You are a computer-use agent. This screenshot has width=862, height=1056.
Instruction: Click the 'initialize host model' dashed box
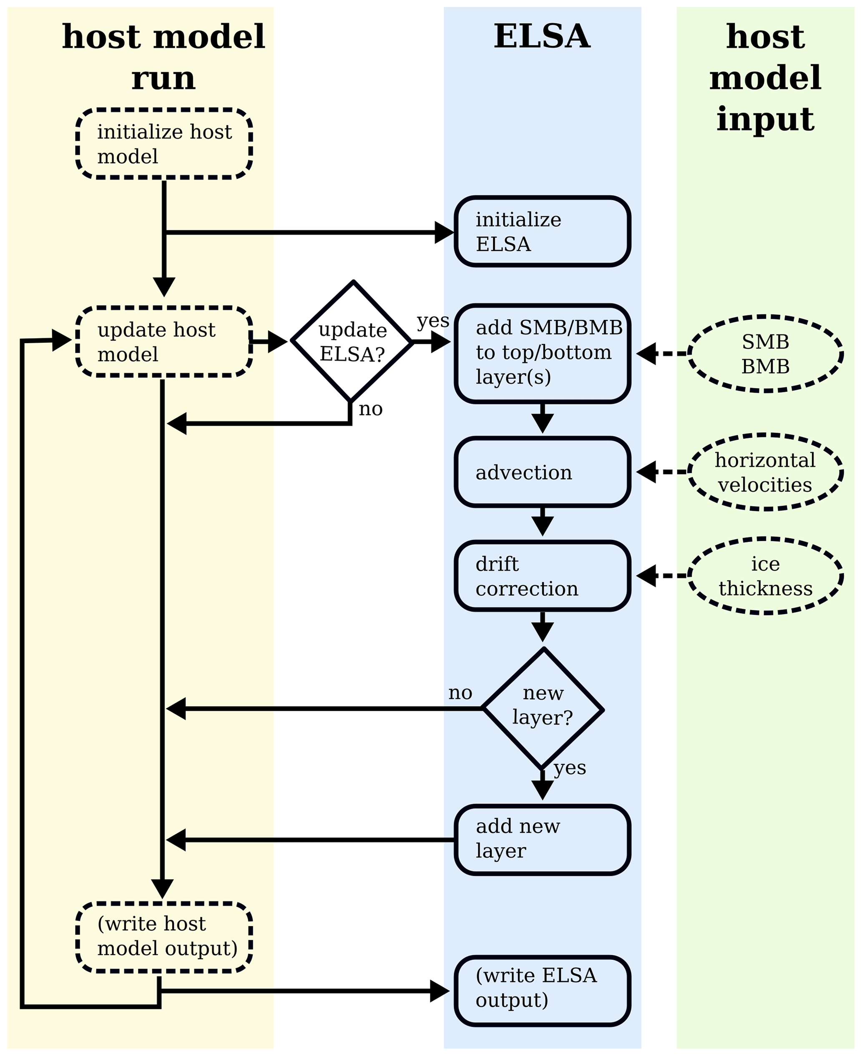click(164, 143)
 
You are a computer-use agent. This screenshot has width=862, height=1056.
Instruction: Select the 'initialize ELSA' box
click(542, 231)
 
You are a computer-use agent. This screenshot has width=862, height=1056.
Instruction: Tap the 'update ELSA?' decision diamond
click(352, 341)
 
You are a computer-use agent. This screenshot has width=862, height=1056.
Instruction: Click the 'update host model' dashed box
click(164, 341)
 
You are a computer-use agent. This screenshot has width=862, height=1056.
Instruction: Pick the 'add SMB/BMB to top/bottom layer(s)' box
click(542, 353)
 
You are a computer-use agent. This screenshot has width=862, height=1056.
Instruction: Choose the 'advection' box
click(542, 472)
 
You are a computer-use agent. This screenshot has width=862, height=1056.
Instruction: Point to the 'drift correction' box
click(542, 576)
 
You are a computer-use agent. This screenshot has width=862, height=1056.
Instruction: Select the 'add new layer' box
click(542, 840)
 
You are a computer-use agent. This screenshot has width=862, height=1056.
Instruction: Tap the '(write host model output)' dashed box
click(164, 937)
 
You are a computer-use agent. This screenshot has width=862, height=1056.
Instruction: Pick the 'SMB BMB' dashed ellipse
click(765, 354)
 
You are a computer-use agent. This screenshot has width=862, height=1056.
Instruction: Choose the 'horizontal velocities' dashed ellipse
click(765, 472)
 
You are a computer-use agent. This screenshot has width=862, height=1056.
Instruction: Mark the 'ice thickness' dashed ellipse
click(765, 576)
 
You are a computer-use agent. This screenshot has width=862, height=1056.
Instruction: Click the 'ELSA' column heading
click(542, 37)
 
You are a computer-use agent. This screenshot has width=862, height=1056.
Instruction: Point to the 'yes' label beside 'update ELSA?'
click(433, 321)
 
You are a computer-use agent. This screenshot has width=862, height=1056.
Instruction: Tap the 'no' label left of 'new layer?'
click(460, 693)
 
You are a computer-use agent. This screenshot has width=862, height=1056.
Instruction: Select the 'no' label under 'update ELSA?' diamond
click(370, 409)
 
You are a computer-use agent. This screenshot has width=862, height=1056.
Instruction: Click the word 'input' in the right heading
click(765, 119)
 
